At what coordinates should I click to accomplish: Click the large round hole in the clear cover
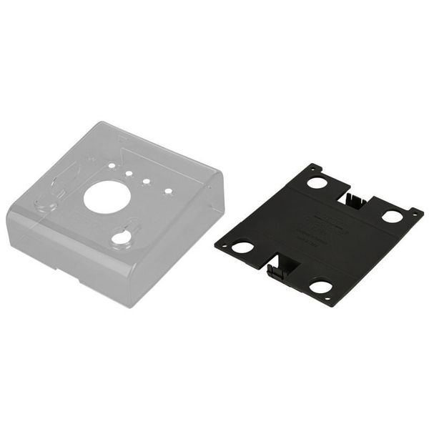point(107,197)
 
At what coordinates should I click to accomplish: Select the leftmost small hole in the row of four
point(112,166)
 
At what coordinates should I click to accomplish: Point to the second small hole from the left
point(129,173)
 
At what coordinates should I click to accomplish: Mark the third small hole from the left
point(147,182)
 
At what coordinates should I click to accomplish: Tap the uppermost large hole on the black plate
point(317,182)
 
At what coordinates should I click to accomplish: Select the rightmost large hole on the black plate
point(392,215)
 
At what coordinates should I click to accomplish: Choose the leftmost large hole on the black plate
point(242,247)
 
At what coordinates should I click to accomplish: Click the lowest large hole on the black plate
point(320,287)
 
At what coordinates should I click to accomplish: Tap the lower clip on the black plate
point(280,269)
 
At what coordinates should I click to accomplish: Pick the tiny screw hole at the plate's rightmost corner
point(413,212)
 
